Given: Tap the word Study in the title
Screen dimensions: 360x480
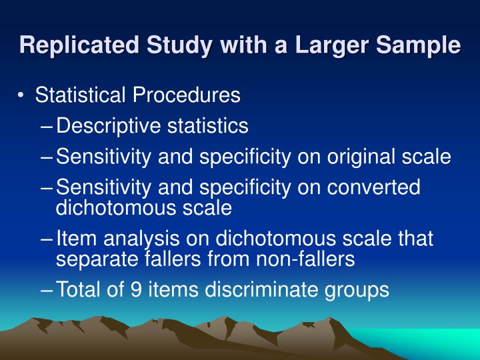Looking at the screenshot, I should (x=165, y=45).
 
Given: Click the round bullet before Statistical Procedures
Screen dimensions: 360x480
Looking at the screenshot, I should (x=23, y=96).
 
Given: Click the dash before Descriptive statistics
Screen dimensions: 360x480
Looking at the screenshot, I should (x=48, y=126).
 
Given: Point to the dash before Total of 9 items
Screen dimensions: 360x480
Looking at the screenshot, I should (x=48, y=289).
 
